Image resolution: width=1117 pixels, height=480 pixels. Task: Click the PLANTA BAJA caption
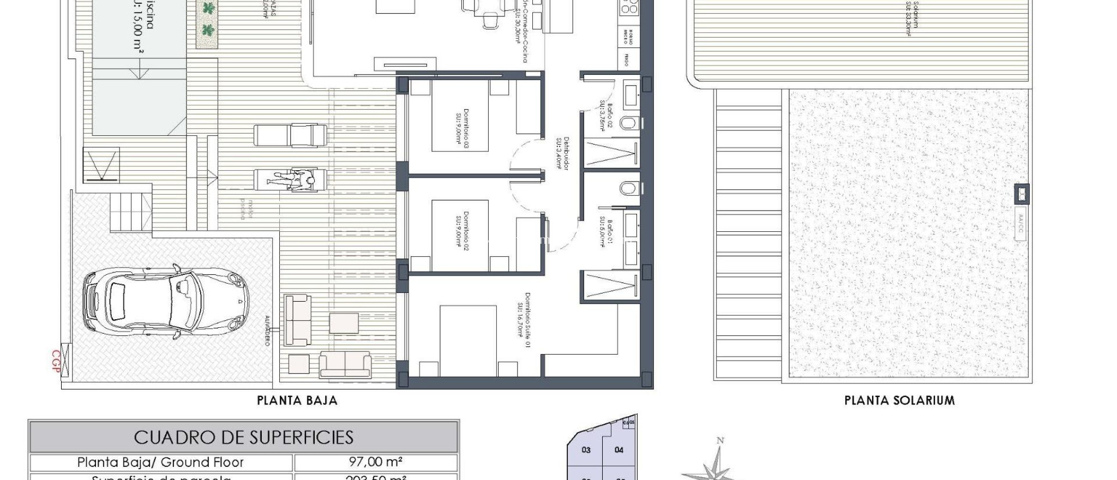tap(297, 401)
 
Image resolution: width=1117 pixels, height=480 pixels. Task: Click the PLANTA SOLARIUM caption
tap(899, 401)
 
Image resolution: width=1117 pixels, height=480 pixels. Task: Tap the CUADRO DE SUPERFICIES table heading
tap(244, 437)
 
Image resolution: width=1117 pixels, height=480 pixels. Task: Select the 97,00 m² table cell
tap(375, 463)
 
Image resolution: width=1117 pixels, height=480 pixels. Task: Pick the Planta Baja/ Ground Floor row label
tap(160, 463)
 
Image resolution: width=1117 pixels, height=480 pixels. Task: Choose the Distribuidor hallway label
tap(562, 153)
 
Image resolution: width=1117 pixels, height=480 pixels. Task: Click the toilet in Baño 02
tap(628, 123)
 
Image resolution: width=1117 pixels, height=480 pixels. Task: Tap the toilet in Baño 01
tap(628, 189)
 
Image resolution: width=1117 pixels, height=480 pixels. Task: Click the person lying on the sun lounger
tap(292, 180)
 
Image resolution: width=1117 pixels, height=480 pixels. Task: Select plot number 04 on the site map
tap(619, 450)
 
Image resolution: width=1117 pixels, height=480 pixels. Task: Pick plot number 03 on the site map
tap(586, 450)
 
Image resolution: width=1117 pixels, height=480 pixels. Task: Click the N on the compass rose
tap(720, 441)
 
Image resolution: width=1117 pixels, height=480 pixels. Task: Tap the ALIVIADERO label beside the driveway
tap(267, 330)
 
